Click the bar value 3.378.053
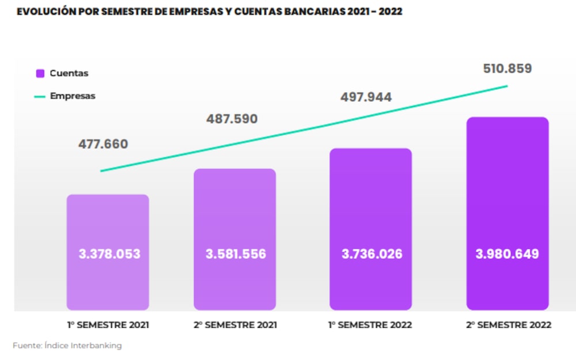(109, 254)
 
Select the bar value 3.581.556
(236, 254)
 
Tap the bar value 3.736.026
(372, 254)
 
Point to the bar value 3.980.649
(507, 254)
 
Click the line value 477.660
(103, 144)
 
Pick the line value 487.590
(232, 119)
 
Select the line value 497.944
(366, 97)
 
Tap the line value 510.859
(507, 69)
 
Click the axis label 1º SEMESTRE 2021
(108, 325)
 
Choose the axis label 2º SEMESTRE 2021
(235, 325)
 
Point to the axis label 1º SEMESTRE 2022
(370, 325)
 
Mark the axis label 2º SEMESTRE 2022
(509, 325)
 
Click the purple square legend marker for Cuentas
(40, 73)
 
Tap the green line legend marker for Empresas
(40, 97)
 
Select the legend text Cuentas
(69, 73)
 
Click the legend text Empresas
(73, 96)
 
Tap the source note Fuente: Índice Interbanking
(67, 346)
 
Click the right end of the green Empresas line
(507, 86)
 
